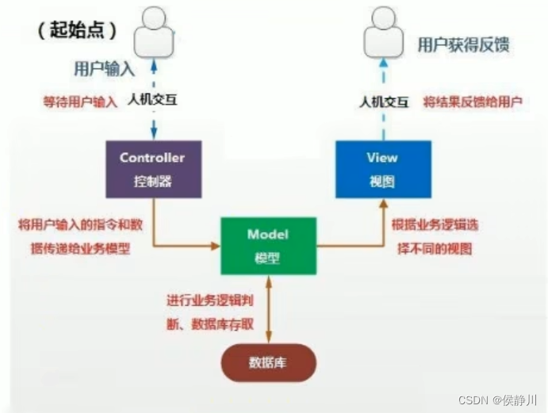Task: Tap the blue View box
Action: pos(383,169)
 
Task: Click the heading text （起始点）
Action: pos(77,31)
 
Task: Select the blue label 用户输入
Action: pos(104,69)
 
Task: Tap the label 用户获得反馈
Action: pos(463,44)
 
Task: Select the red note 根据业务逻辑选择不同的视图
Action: pos(435,236)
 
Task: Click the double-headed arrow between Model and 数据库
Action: pos(270,310)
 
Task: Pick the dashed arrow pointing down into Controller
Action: pos(154,124)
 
